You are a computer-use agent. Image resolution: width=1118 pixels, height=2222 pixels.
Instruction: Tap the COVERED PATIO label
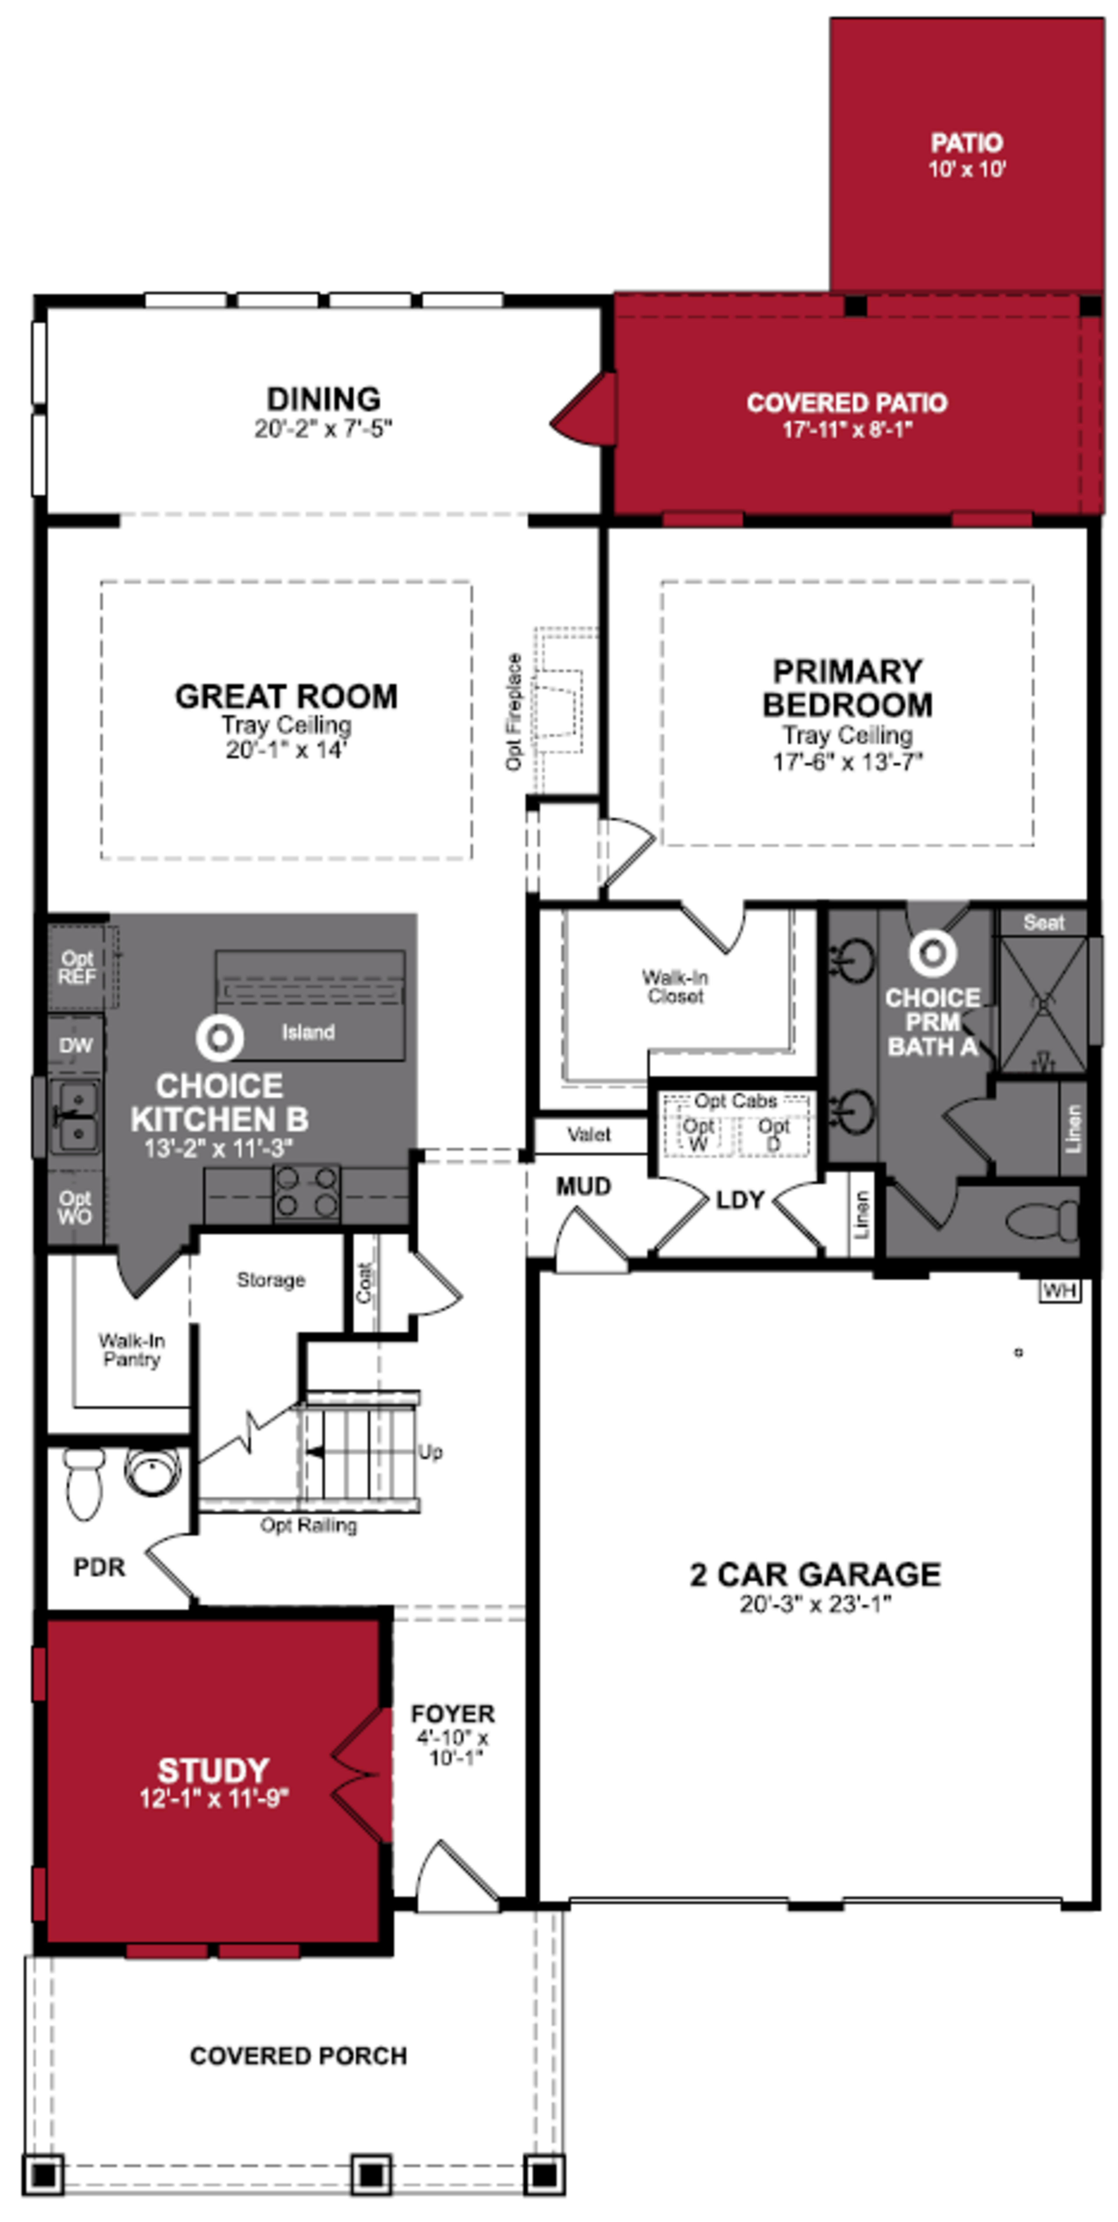point(846,403)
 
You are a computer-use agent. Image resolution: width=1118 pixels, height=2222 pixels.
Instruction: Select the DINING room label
point(323,399)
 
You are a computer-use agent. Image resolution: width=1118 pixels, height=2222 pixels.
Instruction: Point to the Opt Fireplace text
point(514,712)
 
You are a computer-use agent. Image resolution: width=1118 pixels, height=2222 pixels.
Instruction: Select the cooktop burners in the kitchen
point(306,1193)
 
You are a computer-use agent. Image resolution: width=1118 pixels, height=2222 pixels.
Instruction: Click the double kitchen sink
point(76,1117)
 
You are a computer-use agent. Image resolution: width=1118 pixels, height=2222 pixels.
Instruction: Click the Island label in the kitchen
point(308,1031)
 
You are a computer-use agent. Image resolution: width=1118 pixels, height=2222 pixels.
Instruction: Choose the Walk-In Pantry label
point(131,1350)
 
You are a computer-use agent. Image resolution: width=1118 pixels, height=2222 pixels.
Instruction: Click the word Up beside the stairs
point(431,1452)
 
